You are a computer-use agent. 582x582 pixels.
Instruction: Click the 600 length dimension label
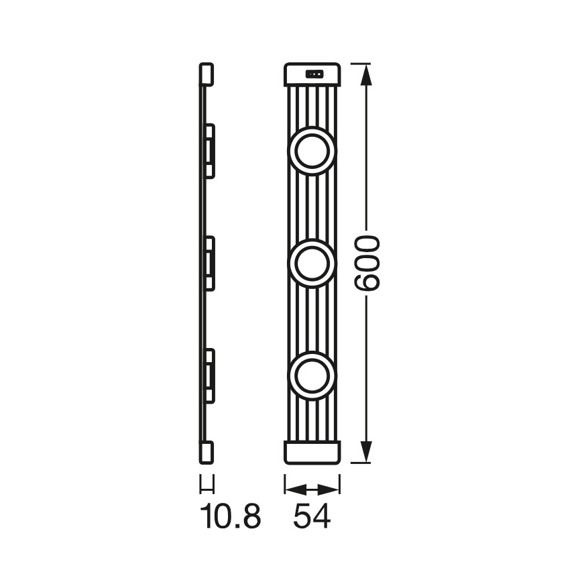point(367,263)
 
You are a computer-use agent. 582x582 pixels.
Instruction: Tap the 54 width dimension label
point(312,516)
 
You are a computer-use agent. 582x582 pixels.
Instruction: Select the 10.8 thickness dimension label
point(230,516)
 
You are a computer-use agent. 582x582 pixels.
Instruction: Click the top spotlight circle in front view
point(312,150)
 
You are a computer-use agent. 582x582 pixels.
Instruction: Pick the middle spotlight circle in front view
point(312,262)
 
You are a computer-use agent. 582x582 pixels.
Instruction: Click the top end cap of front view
point(312,74)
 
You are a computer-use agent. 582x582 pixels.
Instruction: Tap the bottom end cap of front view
point(312,451)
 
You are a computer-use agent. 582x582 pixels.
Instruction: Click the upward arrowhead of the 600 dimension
point(366,75)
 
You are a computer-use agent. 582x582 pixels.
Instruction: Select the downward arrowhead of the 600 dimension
point(366,451)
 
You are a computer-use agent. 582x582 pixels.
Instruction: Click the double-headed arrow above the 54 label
point(312,488)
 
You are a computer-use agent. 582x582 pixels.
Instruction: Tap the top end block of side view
point(207,74)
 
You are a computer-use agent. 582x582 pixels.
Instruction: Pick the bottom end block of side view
point(207,451)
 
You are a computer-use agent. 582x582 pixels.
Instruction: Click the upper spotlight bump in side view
point(209,150)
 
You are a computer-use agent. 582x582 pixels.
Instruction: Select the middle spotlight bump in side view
point(209,262)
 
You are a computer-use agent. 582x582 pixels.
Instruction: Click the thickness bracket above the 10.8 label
point(207,483)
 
